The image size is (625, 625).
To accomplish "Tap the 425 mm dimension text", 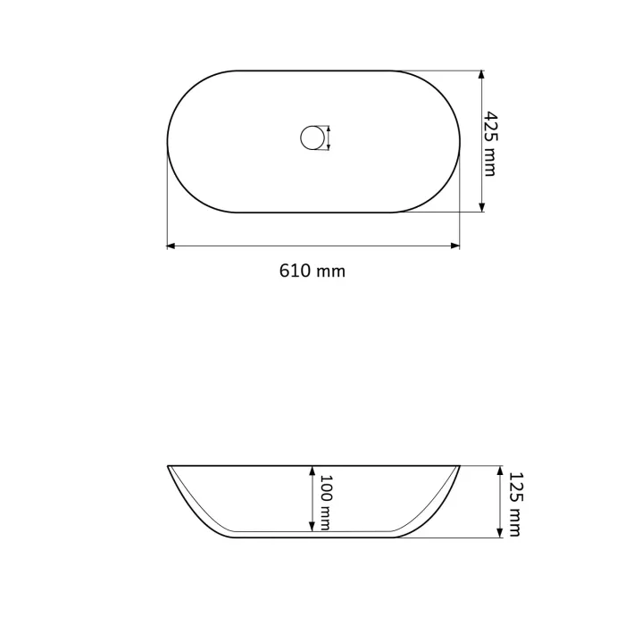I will pyautogui.click(x=489, y=143).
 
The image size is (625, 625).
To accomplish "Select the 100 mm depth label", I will pyautogui.click(x=325, y=502).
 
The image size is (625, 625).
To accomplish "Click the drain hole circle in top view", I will pyautogui.click(x=311, y=138).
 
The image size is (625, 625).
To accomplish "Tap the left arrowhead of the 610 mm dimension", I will pyautogui.click(x=171, y=245).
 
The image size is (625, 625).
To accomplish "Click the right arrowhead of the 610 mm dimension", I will pyautogui.click(x=455, y=245).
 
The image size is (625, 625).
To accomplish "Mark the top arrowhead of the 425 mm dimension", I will pyautogui.click(x=481, y=75).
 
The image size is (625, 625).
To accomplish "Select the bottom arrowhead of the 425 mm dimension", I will pyautogui.click(x=481, y=207).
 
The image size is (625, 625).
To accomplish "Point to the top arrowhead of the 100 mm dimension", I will pyautogui.click(x=312, y=470).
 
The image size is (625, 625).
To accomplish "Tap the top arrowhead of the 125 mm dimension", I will pyautogui.click(x=498, y=470).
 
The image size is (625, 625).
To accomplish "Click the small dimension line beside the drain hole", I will pyautogui.click(x=329, y=138).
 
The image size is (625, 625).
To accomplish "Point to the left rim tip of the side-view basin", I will pyautogui.click(x=169, y=466).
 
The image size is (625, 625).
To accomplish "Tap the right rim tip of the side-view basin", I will pyautogui.click(x=459, y=466).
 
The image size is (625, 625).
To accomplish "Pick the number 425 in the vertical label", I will pyautogui.click(x=489, y=125).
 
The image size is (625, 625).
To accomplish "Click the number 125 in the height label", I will pyautogui.click(x=513, y=487).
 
